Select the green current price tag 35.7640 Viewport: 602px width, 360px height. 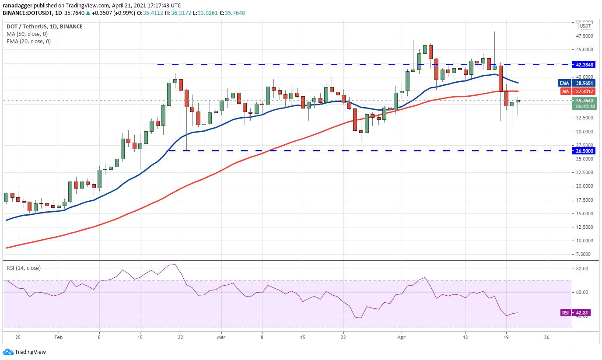(x=584, y=101)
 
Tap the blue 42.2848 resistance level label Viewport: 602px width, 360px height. (x=584, y=64)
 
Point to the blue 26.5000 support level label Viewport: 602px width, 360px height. (x=584, y=150)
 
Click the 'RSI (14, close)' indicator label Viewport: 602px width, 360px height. (x=23, y=268)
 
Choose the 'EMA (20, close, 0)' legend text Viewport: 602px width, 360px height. (x=28, y=42)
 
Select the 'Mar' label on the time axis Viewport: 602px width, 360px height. (x=221, y=337)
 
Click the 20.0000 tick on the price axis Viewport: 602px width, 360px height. (x=584, y=186)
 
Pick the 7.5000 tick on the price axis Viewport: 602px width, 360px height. (x=584, y=254)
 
